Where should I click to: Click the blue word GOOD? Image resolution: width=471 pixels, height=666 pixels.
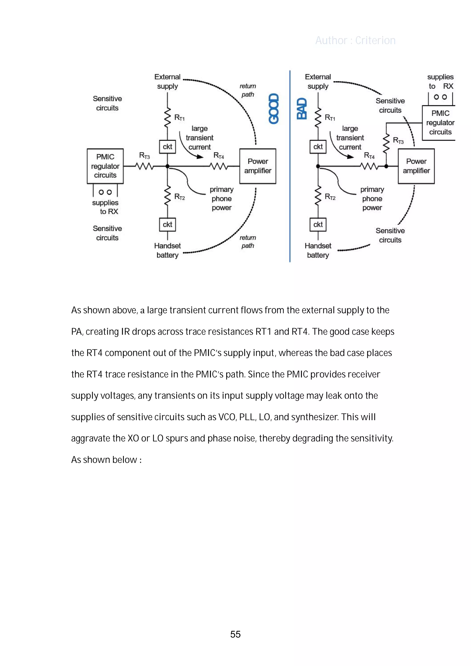(274, 109)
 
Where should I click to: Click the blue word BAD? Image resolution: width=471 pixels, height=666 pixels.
(302, 109)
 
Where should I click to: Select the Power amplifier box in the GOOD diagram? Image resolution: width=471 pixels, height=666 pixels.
(257, 166)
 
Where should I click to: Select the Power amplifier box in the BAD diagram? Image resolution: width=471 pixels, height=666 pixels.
(416, 166)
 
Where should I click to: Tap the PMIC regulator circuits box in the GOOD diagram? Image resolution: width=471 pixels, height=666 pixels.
(105, 166)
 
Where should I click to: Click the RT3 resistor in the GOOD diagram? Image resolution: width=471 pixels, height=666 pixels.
(144, 166)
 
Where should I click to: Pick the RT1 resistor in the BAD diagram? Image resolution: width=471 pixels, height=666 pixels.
(318, 117)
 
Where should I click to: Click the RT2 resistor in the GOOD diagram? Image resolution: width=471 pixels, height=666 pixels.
(167, 196)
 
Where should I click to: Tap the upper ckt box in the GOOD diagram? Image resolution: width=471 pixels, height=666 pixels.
(167, 147)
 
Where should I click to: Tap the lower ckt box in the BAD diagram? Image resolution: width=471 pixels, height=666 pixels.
(318, 225)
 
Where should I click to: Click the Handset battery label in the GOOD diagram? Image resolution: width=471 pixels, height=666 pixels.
(167, 250)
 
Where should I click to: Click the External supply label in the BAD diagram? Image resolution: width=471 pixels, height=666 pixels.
(318, 82)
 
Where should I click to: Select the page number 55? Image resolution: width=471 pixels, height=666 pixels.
(235, 634)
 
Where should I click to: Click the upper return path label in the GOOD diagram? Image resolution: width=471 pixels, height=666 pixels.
(247, 90)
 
